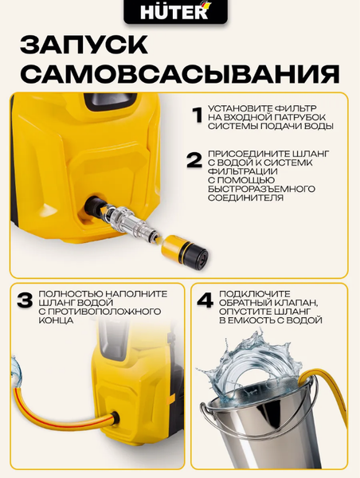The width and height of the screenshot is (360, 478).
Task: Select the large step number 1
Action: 195,117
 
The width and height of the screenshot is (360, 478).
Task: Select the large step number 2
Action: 194,158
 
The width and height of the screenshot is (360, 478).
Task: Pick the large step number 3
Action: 25,301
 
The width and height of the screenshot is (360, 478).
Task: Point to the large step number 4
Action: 205,302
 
